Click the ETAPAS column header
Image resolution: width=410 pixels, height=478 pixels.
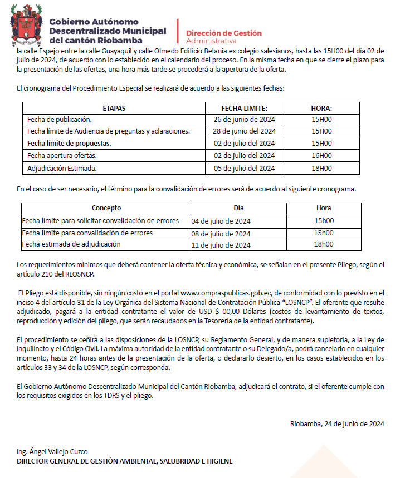pyautogui.click(x=114, y=108)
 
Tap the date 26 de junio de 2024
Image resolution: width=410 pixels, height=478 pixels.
pyautogui.click(x=244, y=120)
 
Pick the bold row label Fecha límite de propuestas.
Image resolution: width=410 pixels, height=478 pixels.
pyautogui.click(x=69, y=144)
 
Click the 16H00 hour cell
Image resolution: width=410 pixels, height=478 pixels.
pyautogui.click(x=321, y=156)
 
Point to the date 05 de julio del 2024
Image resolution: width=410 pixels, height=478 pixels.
pyautogui.click(x=244, y=168)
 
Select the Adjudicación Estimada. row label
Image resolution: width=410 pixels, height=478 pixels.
pyautogui.click(x=62, y=168)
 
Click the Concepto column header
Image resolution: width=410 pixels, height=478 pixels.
pyautogui.click(x=106, y=208)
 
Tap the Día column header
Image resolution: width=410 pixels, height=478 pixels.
pyautogui.click(x=238, y=208)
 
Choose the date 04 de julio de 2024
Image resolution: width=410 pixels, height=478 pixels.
pyautogui.click(x=221, y=221)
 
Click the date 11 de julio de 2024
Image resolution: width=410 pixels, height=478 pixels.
pyautogui.click(x=221, y=245)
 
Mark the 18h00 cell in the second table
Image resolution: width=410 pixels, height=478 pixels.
pyautogui.click(x=324, y=244)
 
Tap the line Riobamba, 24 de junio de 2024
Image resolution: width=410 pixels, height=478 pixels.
pyautogui.click(x=337, y=423)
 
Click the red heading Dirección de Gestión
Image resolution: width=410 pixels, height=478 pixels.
pyautogui.click(x=223, y=33)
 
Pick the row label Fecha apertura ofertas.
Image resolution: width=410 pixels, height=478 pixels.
pyautogui.click(x=62, y=156)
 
